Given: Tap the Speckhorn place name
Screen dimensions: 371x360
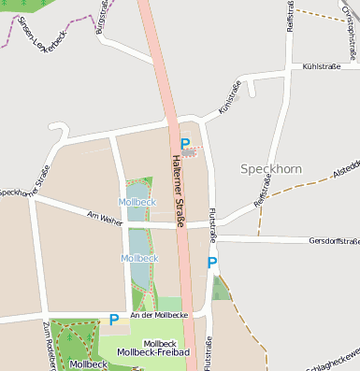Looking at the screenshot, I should (x=271, y=169).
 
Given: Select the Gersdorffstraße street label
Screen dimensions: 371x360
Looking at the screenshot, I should (x=333, y=241).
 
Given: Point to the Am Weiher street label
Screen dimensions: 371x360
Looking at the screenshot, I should (x=104, y=217).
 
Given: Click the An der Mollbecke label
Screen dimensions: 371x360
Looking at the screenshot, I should (x=159, y=316).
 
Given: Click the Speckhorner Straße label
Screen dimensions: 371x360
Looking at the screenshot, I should (x=25, y=183).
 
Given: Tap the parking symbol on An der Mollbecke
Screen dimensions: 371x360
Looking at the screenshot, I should (x=114, y=320).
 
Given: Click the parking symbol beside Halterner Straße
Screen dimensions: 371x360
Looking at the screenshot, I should (x=185, y=144).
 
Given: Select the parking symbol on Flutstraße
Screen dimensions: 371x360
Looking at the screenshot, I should (x=212, y=263).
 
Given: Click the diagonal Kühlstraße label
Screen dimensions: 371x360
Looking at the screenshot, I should (x=229, y=97).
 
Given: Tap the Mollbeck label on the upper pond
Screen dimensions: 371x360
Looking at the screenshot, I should (x=137, y=202).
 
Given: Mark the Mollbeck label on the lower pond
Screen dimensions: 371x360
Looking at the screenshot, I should (x=139, y=258).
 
